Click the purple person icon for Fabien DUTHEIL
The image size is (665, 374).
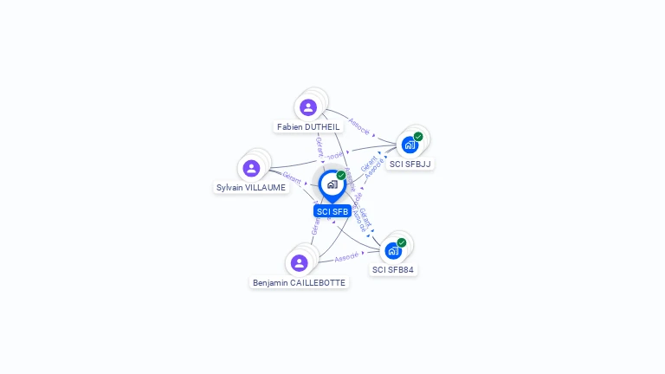308,107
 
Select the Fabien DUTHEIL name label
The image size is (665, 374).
309,127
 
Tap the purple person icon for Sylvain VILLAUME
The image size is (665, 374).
251,168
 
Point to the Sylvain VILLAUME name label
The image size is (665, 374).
251,188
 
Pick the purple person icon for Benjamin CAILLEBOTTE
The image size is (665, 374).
300,262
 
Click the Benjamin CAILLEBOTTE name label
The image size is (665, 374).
299,283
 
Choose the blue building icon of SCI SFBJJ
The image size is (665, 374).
410,145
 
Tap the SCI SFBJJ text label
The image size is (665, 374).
410,164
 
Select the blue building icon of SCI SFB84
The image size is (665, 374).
393,251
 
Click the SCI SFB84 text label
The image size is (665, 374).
393,270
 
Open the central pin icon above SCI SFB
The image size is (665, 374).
332,184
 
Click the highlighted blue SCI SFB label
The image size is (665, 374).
332,211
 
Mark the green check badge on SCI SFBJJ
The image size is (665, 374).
418,137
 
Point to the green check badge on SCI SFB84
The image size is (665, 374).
402,243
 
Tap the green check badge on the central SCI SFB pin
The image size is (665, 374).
341,176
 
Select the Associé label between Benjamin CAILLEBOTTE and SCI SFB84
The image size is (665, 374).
346,257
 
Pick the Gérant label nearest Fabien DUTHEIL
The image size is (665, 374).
319,146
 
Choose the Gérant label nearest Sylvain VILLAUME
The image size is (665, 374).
292,177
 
